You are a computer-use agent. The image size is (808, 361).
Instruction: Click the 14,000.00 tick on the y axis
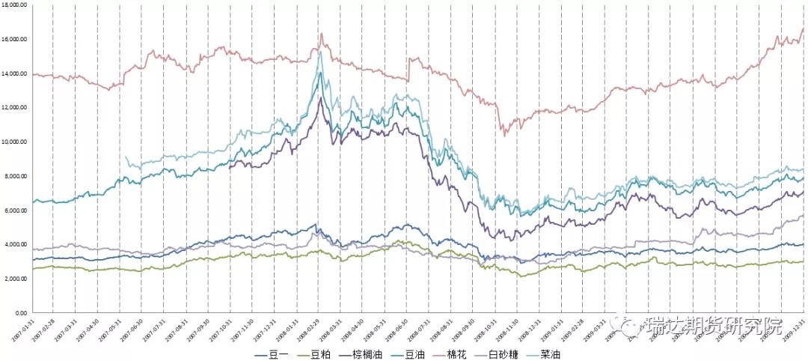pos(15,73)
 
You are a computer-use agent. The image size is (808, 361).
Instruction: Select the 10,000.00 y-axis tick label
pos(15,142)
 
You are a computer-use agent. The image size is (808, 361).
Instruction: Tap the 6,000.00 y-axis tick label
pos(16,210)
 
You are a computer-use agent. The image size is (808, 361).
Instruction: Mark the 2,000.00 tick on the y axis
pos(16,279)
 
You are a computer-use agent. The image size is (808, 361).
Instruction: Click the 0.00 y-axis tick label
pos(22,313)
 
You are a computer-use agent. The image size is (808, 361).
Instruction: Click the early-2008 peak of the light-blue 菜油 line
pos(320,52)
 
